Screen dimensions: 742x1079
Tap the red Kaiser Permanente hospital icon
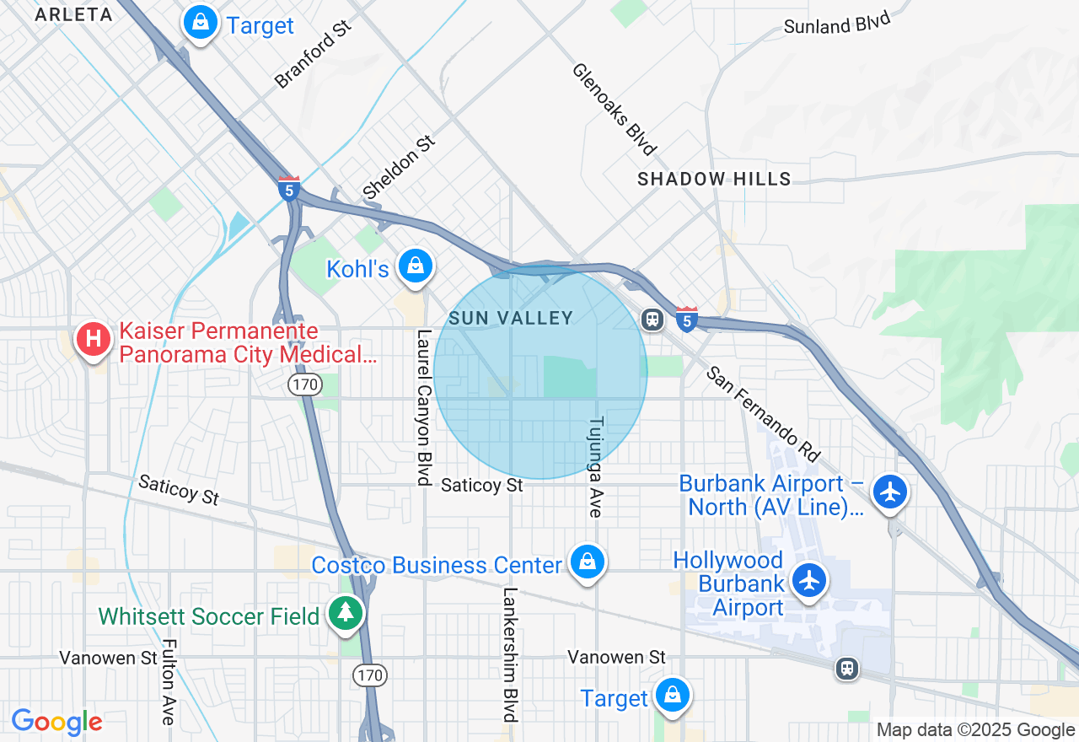94,340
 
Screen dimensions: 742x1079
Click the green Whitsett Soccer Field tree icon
345,613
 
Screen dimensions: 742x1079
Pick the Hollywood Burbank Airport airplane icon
809,580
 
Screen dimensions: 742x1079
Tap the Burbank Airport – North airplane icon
890,492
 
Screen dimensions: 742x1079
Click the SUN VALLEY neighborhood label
511,318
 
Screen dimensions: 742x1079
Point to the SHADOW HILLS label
714,179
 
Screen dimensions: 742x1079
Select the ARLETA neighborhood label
74,14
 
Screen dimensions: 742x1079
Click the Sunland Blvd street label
836,23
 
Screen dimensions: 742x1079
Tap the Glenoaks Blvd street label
614,109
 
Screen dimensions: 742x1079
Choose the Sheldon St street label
399,165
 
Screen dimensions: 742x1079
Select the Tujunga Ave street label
596,465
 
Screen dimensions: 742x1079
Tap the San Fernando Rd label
763,413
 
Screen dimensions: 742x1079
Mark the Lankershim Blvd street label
510,653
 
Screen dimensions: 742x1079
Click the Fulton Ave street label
168,681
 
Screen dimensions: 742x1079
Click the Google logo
56,722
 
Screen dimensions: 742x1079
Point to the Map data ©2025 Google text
975,730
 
